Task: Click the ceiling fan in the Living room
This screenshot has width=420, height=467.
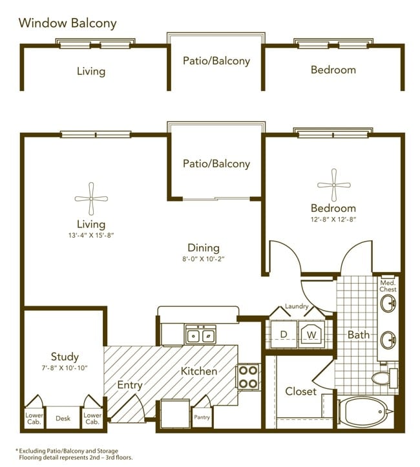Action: [x=91, y=199]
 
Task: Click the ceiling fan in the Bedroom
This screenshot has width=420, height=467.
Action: [x=333, y=185]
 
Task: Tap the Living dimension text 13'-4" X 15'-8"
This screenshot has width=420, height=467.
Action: [x=91, y=235]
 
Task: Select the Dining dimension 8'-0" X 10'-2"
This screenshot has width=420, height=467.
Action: [x=203, y=259]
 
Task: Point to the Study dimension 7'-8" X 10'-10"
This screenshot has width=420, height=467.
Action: [x=65, y=368]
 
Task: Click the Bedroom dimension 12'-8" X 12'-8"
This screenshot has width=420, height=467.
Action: [x=333, y=220]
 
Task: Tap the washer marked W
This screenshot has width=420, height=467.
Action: [x=311, y=334]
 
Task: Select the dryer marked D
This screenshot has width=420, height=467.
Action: [x=284, y=334]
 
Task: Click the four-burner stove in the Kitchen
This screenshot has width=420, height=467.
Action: [x=248, y=377]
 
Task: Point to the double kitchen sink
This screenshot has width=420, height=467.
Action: [x=201, y=335]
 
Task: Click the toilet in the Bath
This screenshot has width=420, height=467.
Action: [x=384, y=378]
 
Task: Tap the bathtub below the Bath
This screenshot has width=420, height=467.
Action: [x=365, y=411]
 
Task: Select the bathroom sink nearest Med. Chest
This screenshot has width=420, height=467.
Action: [x=388, y=304]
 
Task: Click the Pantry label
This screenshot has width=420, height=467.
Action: [x=202, y=417]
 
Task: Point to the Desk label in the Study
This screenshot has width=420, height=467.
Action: [x=63, y=418]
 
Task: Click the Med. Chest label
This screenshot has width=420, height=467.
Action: [x=388, y=286]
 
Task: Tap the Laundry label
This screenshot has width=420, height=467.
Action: [x=297, y=306]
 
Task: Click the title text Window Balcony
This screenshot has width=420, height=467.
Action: [x=67, y=23]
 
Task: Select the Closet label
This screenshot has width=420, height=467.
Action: [x=300, y=391]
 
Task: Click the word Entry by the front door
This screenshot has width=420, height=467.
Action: [x=130, y=385]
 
